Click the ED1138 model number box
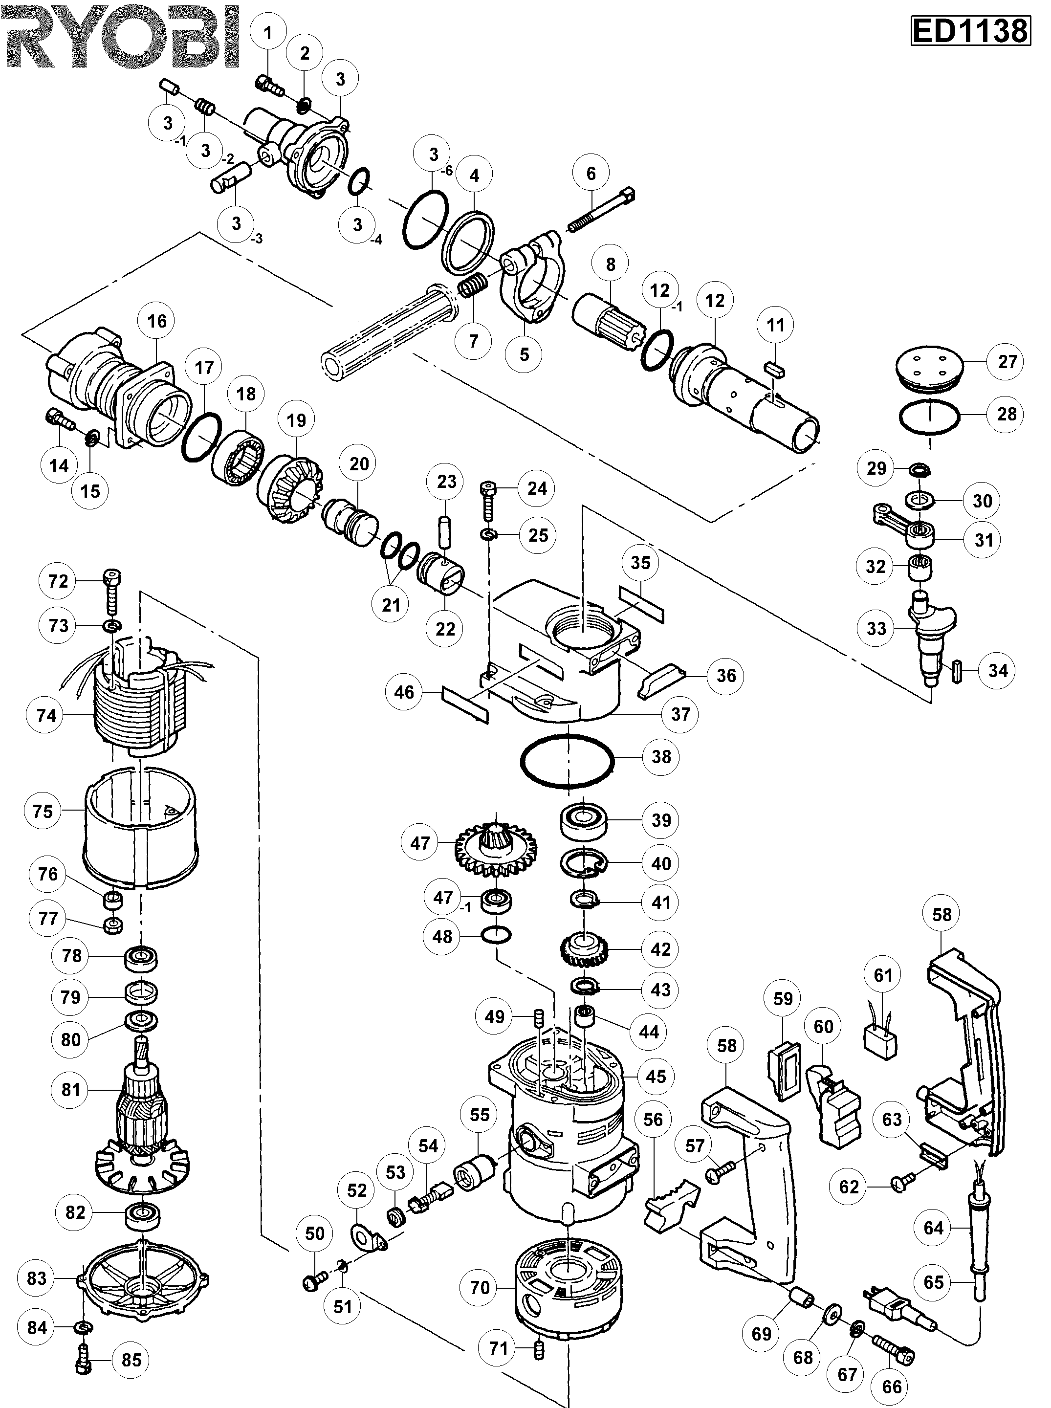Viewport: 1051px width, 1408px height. (x=970, y=30)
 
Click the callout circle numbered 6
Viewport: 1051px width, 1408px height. (x=591, y=173)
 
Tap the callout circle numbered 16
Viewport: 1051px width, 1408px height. (x=157, y=321)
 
